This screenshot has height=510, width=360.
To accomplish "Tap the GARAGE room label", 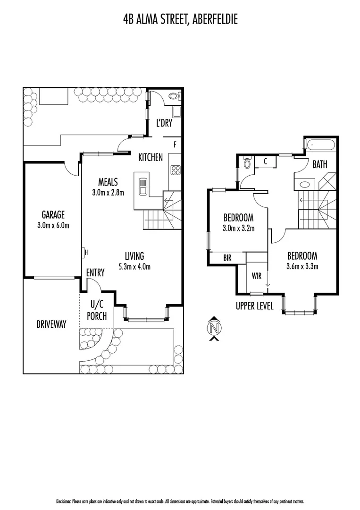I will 52,214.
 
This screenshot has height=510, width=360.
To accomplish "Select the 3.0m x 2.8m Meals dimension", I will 108,192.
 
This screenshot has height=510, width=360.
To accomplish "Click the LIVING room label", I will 134,256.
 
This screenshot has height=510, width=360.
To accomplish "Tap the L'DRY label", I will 164,123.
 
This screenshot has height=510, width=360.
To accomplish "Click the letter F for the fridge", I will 175,144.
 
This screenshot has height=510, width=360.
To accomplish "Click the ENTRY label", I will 95,272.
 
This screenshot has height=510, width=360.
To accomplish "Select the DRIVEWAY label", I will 51,324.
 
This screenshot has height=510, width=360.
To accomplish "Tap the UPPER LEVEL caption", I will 254,306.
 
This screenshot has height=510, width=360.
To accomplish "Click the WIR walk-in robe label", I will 257,274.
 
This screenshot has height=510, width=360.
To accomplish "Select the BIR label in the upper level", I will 227,258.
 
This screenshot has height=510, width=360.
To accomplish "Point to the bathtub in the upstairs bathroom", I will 321,144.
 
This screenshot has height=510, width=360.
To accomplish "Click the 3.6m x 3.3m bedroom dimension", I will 302,266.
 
